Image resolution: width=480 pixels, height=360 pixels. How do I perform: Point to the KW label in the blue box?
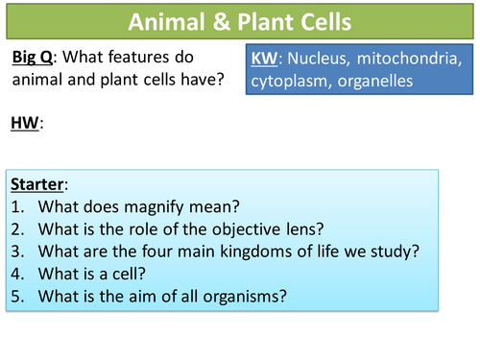[x=263, y=59]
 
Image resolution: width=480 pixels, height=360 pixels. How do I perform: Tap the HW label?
[x=27, y=123]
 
